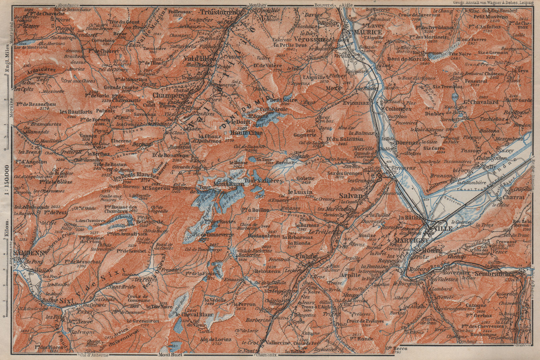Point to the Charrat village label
point(513,197)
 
